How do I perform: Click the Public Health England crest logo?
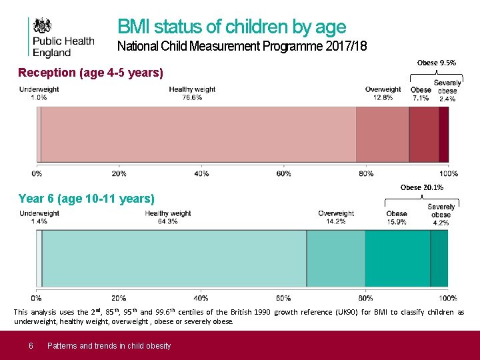[44, 26]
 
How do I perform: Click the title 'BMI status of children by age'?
[231, 27]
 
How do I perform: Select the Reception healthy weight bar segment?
[199, 135]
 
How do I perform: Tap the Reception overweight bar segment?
[382, 135]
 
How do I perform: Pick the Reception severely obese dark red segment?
[443, 135]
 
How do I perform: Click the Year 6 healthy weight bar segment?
[174, 259]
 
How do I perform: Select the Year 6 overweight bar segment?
[335, 259]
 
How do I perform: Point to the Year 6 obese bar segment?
[397, 259]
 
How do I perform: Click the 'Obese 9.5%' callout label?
[437, 63]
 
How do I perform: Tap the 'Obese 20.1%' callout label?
[421, 187]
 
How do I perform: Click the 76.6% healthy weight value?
[192, 97]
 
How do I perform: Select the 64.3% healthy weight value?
[167, 221]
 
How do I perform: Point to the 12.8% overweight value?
[383, 97]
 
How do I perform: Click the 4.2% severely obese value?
[441, 223]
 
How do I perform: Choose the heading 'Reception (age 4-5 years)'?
[91, 73]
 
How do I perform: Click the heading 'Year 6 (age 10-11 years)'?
[87, 199]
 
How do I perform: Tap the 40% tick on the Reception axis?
[201, 173]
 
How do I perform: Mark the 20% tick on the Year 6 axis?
[119, 298]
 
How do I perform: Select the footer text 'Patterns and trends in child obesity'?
[109, 345]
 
